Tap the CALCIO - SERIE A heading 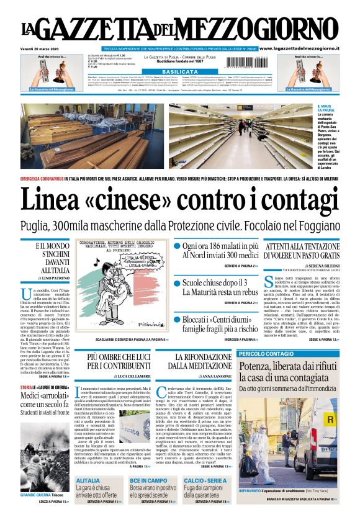click(x=206, y=480)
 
